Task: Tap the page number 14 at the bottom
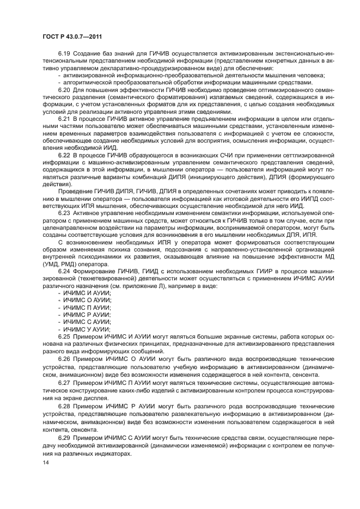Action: [x=45, y=462]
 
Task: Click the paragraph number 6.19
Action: [x=64, y=54]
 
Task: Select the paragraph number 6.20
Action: [x=64, y=90]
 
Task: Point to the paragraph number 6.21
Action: [x=64, y=118]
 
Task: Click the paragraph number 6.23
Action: [x=64, y=213]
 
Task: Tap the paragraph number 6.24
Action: [x=64, y=271]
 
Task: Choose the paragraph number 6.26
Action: [x=64, y=360]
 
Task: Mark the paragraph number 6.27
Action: [x=64, y=382]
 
